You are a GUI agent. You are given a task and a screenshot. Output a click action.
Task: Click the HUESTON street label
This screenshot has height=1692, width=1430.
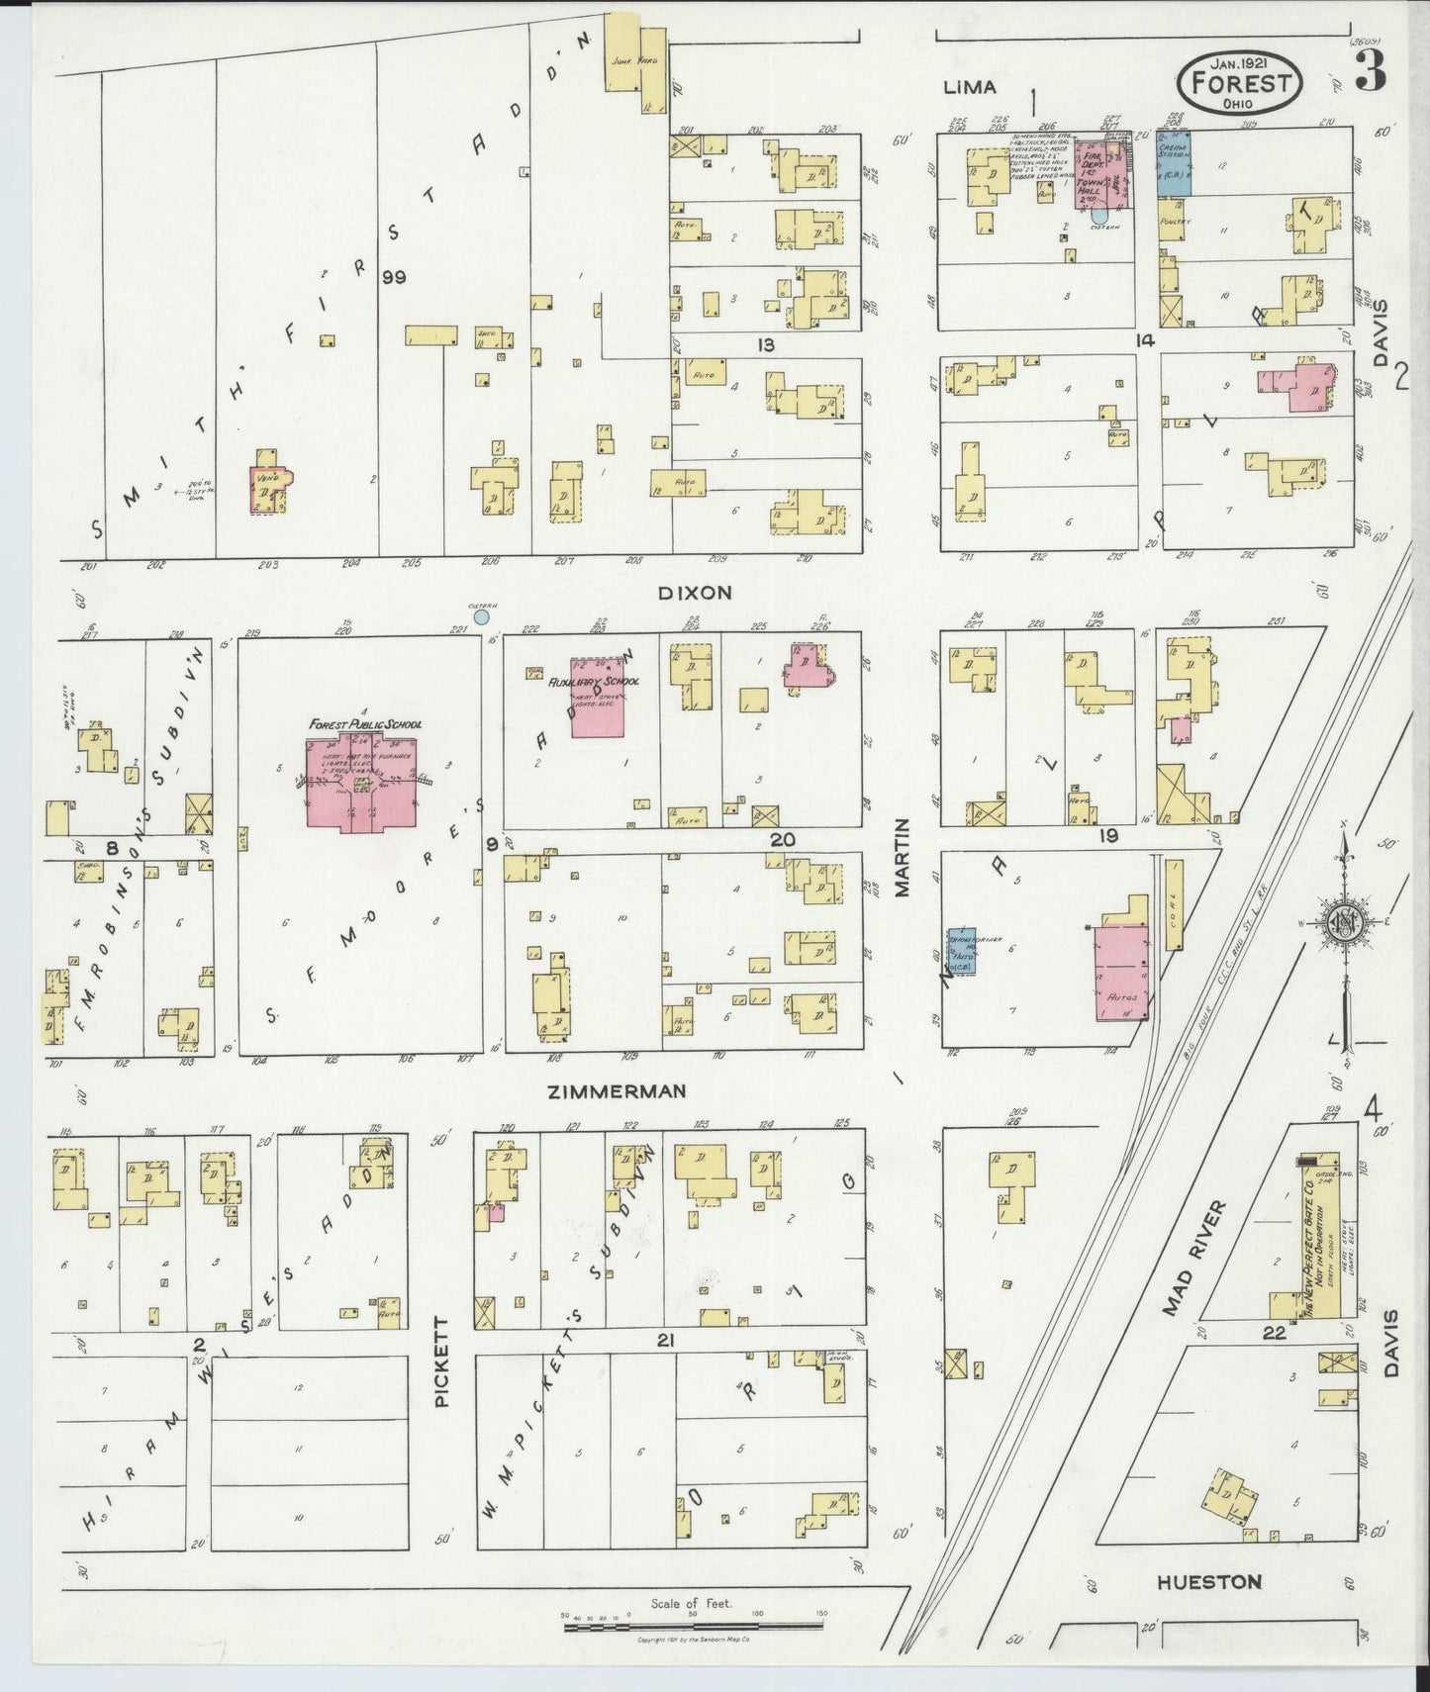pyautogui.click(x=1208, y=1583)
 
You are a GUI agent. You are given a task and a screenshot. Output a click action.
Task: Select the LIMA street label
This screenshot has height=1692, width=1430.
pyautogui.click(x=969, y=87)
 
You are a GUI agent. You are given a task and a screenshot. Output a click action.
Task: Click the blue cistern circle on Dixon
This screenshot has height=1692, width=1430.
pyautogui.click(x=481, y=617)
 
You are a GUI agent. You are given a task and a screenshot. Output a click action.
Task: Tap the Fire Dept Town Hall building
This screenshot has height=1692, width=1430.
pyautogui.click(x=1102, y=173)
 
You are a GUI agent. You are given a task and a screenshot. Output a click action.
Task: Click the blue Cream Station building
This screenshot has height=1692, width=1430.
pyautogui.click(x=1174, y=161)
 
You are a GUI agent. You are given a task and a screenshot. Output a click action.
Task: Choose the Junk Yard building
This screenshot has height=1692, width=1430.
pyautogui.click(x=635, y=61)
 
